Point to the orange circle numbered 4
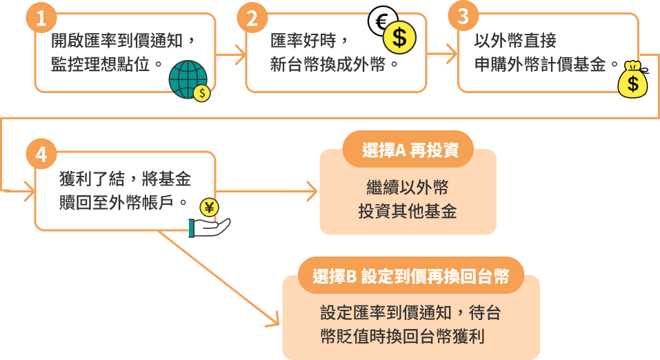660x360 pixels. click(x=41, y=155)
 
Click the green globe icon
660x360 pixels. click(x=186, y=78)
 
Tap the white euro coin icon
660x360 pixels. click(x=380, y=21)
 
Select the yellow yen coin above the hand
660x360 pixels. click(x=209, y=206)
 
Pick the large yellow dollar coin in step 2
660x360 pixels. click(x=399, y=37)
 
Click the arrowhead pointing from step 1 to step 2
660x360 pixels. click(x=241, y=53)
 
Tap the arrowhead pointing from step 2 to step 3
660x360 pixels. click(x=452, y=52)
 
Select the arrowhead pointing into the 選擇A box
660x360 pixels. click(x=312, y=191)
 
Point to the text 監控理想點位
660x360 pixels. click(x=107, y=66)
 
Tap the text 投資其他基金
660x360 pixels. click(x=407, y=212)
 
